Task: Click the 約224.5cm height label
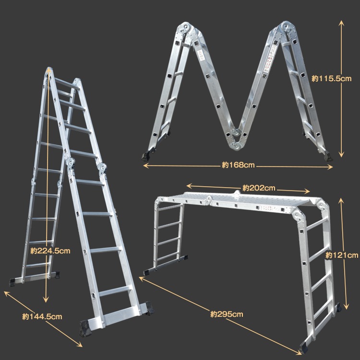click(50, 251)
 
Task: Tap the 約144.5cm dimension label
click(42, 317)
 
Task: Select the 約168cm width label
click(238, 165)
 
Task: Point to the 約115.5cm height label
click(332, 79)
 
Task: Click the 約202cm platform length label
click(259, 188)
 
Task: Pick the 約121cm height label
click(342, 255)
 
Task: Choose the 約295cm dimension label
click(227, 314)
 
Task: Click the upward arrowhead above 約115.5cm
click(341, 23)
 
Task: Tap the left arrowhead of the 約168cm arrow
click(145, 165)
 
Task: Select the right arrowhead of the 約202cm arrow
click(307, 191)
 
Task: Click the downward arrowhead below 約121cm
click(347, 307)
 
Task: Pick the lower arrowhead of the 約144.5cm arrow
click(80, 344)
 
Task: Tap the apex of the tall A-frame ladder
click(49, 69)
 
